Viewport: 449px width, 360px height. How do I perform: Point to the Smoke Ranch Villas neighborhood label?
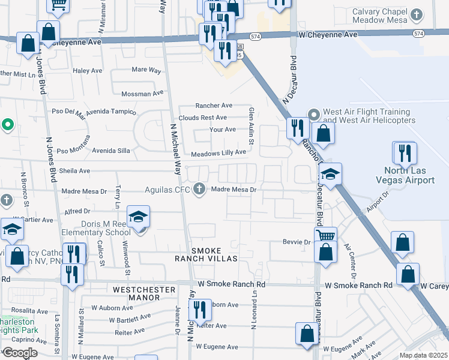(206, 254)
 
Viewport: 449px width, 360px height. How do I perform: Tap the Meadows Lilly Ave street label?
(218, 153)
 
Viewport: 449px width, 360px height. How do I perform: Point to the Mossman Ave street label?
(142, 94)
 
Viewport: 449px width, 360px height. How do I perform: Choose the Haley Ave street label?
(88, 71)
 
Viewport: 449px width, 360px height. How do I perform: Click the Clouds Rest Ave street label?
(202, 118)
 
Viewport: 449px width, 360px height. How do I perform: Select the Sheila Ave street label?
(74, 171)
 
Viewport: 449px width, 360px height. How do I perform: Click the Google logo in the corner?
(20, 353)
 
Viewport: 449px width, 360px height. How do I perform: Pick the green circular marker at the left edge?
(7, 125)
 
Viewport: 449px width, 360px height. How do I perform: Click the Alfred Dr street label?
(77, 211)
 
